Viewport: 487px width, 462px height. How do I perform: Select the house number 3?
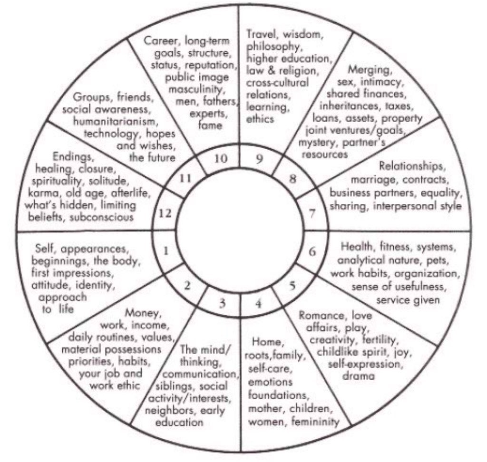[222, 303]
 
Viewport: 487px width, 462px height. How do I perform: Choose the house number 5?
[292, 286]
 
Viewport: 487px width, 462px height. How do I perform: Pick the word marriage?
[374, 180]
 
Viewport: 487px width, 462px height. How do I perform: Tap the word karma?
[43, 193]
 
